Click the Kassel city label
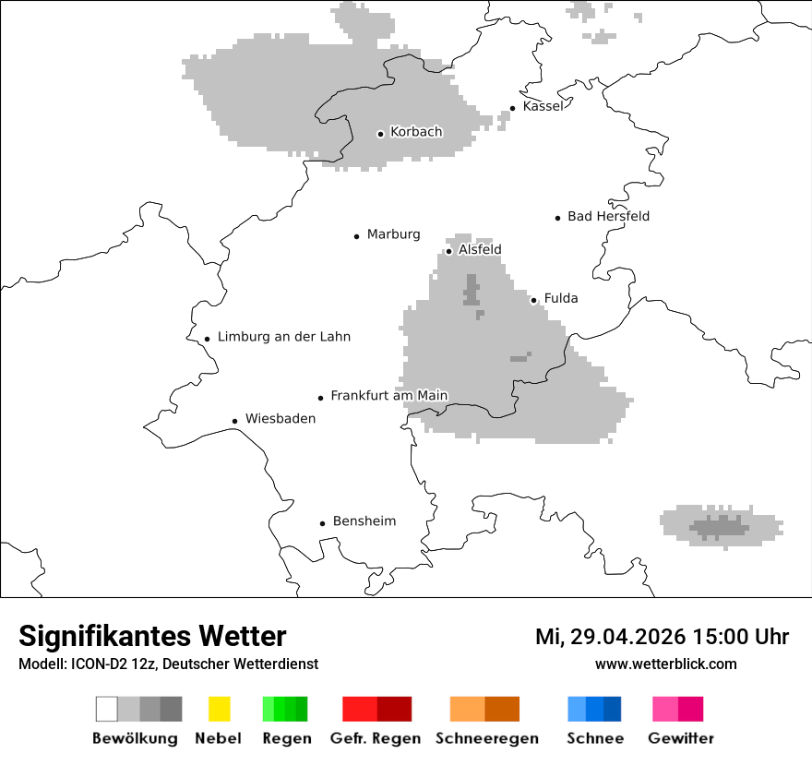click(x=543, y=106)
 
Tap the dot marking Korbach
click(x=380, y=134)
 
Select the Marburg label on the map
click(x=393, y=234)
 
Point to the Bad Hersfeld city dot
click(x=558, y=218)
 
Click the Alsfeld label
click(x=480, y=249)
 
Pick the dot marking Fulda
click(x=533, y=300)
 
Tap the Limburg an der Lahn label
click(x=284, y=337)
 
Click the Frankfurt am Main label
click(x=388, y=396)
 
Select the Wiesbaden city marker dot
click(x=235, y=421)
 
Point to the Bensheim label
click(x=364, y=521)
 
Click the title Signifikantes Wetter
click(x=152, y=636)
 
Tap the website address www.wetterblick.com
click(x=665, y=664)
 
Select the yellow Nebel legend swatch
click(x=219, y=709)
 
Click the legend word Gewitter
click(x=681, y=738)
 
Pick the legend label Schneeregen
click(x=487, y=738)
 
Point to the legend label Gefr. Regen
click(x=376, y=738)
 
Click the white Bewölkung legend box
click(x=106, y=709)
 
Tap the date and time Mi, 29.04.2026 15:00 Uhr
click(x=662, y=637)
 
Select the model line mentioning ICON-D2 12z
click(x=168, y=664)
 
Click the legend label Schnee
click(x=595, y=738)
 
